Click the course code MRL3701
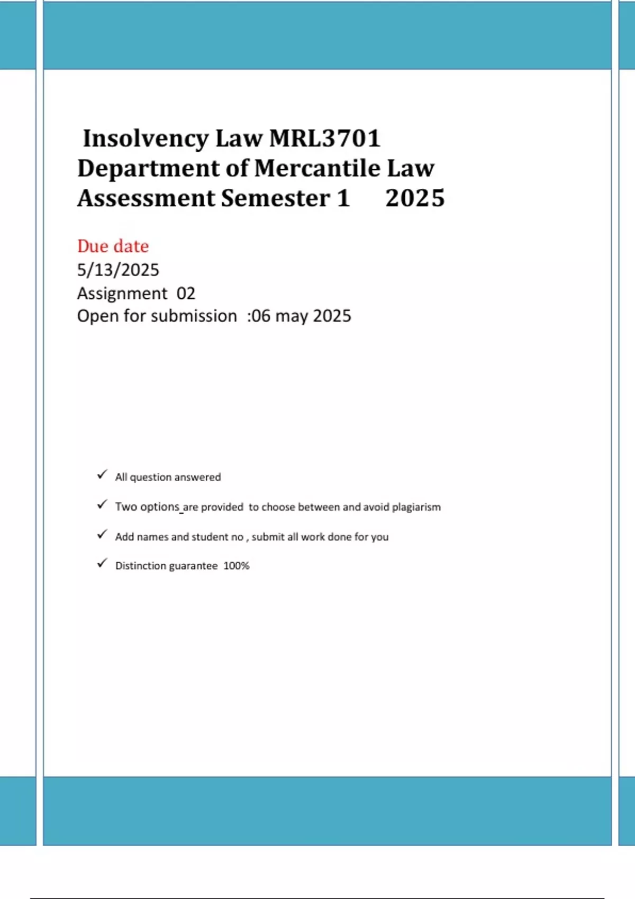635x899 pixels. [325, 139]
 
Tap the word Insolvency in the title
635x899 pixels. [146, 139]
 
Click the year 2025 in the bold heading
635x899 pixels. [415, 198]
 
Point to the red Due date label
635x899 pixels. [113, 246]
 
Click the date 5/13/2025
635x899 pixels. [118, 270]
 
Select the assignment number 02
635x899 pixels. [186, 293]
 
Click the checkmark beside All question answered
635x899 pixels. [102, 475]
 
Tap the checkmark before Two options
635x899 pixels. [102, 505]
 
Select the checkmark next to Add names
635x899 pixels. [102, 535]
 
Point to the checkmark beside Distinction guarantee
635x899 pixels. [102, 564]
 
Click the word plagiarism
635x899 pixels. [416, 507]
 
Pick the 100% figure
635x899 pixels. [236, 566]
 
